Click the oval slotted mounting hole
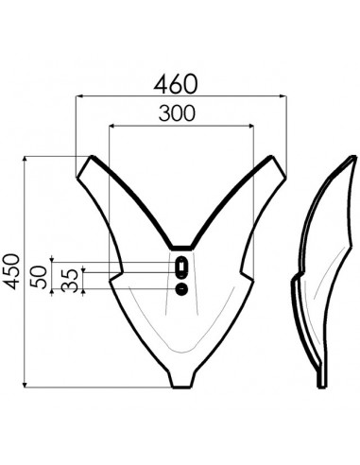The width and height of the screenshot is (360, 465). (180, 268)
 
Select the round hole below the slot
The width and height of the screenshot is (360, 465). (180, 289)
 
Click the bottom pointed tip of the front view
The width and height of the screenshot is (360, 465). (180, 383)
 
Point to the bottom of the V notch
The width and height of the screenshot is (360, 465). (180, 248)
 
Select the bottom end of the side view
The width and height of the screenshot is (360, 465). (325, 382)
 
